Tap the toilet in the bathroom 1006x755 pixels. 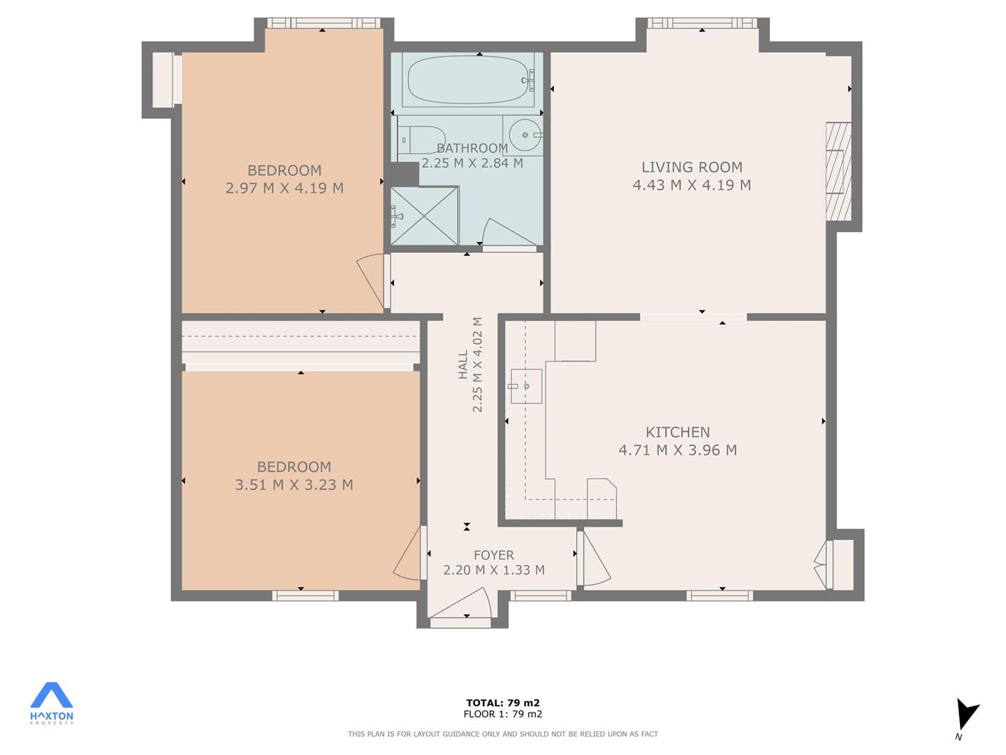[x=421, y=139]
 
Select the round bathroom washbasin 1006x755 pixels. [x=525, y=135]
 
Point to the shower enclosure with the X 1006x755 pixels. [x=424, y=215]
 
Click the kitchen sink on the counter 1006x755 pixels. [x=526, y=386]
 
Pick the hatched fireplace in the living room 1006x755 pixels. [x=838, y=171]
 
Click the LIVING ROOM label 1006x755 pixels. [x=692, y=167]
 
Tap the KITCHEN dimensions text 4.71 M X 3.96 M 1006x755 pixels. [x=678, y=450]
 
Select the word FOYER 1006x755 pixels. [x=494, y=555]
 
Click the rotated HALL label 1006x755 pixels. [x=463, y=364]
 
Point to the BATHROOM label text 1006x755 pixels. [x=472, y=148]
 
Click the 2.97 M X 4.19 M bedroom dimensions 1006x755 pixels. [x=284, y=188]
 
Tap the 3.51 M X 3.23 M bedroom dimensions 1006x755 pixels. [x=294, y=484]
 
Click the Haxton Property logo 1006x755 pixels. [x=51, y=704]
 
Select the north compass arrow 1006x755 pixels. [x=965, y=719]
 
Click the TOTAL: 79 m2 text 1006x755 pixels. [x=503, y=703]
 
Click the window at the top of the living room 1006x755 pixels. [x=701, y=23]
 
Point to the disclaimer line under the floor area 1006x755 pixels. [x=503, y=734]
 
